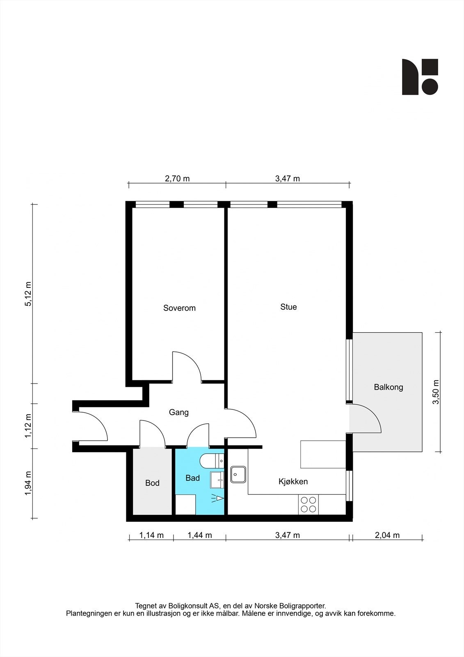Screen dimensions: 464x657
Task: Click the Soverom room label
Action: coord(179,308)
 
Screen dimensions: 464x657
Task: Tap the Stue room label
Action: coord(288,307)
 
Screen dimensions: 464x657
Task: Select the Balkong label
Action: coord(389,387)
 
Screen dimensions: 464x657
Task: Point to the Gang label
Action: coord(178,412)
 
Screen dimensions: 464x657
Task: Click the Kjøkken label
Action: coord(293,481)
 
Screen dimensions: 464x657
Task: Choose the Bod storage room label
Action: coord(153,483)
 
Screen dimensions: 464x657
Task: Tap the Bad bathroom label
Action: coord(192,478)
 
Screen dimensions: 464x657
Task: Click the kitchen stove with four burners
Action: coord(309,505)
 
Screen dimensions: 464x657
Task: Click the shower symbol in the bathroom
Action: coord(217,498)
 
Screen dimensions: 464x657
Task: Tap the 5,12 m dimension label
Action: coord(28,294)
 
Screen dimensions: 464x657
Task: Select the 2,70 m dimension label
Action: coord(177,178)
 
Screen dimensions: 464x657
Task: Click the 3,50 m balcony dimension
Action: coord(436,392)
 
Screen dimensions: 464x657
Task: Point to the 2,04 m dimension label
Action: coord(387,535)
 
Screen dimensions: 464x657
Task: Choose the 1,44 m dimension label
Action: coord(200,535)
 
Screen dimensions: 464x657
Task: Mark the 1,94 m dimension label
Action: coord(28,484)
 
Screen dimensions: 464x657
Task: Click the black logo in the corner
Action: coord(420,77)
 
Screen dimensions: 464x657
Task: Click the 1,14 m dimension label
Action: coord(151,535)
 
